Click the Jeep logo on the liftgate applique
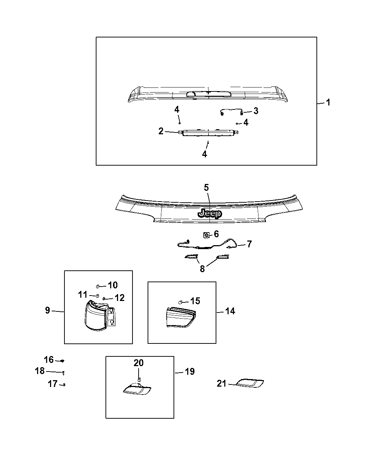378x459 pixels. click(x=210, y=213)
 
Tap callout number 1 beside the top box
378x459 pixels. click(x=328, y=103)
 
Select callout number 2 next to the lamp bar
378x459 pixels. click(x=161, y=131)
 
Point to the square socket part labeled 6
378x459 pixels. click(x=207, y=235)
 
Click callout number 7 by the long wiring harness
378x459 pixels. click(x=249, y=244)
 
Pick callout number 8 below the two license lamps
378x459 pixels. click(x=202, y=269)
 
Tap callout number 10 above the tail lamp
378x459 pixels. click(x=113, y=285)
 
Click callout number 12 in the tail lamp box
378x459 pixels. click(x=120, y=298)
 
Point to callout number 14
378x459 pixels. click(x=230, y=311)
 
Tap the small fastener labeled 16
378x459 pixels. click(x=62, y=361)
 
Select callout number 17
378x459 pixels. click(x=53, y=384)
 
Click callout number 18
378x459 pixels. click(x=40, y=371)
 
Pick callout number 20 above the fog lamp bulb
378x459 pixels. click(x=139, y=363)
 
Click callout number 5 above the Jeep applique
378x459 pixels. click(x=206, y=187)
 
